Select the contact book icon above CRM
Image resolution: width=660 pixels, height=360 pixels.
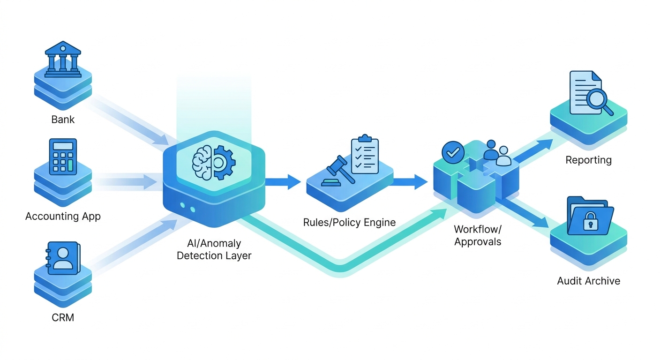tap(64, 258)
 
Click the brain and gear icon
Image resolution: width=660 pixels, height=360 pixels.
tap(214, 162)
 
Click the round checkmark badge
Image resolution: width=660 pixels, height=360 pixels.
tap(453, 152)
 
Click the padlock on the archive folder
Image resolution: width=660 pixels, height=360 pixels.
tap(588, 221)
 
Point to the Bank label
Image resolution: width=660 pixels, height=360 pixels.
tap(63, 120)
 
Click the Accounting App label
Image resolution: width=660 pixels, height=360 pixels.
tap(63, 216)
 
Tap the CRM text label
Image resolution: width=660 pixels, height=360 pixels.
tap(63, 317)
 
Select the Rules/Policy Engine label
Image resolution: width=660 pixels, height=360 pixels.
tap(349, 222)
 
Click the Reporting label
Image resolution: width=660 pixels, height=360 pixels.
tap(588, 160)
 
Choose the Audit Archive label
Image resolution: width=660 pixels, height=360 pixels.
tap(588, 281)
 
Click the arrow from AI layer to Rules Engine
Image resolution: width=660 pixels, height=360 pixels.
tap(283, 181)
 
